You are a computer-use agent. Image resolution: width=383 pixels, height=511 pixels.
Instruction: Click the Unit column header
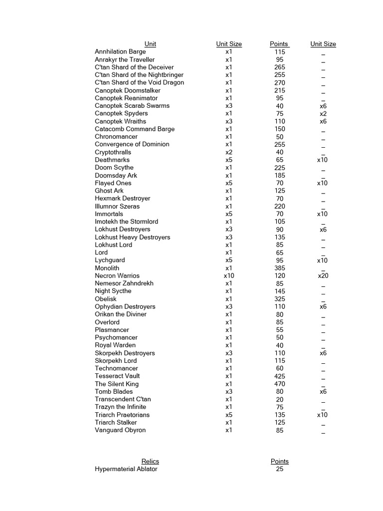pos(150,44)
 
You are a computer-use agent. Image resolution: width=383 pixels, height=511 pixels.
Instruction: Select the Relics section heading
pos(150,461)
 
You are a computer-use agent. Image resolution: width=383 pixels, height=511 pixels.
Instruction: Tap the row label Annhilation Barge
pos(120,51)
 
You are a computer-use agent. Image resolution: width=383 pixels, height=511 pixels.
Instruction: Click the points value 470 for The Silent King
pos(279,384)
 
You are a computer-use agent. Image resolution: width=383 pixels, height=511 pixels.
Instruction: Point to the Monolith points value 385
pos(279,268)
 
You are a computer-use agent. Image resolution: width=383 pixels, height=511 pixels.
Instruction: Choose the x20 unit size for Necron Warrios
pos(323,275)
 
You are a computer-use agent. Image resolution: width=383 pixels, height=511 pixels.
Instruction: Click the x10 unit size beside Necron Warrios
pos(229,275)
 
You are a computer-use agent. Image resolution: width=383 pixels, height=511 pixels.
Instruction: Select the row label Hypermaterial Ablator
pos(126,469)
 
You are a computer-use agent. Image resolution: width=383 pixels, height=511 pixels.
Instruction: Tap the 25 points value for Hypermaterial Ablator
pos(279,469)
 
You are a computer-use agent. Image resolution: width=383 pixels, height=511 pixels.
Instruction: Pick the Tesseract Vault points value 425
pos(279,376)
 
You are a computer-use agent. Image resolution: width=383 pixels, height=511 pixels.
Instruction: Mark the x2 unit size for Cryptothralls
pos(229,152)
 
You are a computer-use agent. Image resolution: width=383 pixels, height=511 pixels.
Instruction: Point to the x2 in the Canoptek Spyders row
pos(323,113)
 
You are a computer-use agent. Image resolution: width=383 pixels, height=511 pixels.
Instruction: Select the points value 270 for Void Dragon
pos(279,82)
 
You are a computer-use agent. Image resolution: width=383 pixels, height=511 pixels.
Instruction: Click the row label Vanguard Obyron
pos(120,430)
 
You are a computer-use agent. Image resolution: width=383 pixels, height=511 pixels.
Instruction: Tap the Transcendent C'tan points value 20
pos(279,399)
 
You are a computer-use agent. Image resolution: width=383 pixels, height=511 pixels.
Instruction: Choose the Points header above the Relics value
pos(279,461)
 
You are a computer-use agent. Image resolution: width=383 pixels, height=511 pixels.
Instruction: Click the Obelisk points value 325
pos(279,299)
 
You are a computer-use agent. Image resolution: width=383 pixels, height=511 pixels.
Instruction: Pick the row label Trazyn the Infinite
pos(120,407)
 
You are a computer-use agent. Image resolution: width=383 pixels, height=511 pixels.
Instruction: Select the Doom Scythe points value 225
pos(279,168)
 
